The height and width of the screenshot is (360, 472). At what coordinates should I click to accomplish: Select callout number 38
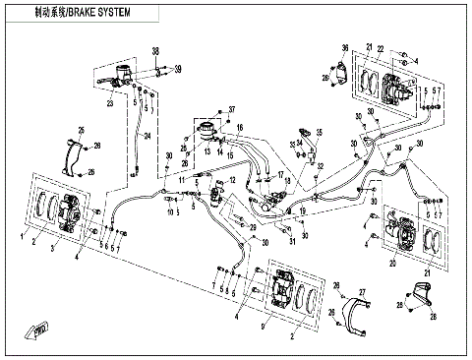tap(154, 51)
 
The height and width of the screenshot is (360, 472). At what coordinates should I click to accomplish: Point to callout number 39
tap(178, 70)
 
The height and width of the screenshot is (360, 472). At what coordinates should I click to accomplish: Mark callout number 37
tap(232, 107)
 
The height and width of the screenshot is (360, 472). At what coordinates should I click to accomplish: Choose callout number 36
tap(345, 48)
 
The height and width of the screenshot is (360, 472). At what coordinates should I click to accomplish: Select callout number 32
tap(321, 168)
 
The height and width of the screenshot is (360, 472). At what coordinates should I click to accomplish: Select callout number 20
tap(391, 263)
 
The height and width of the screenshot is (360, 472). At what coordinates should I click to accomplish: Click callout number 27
tap(361, 292)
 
